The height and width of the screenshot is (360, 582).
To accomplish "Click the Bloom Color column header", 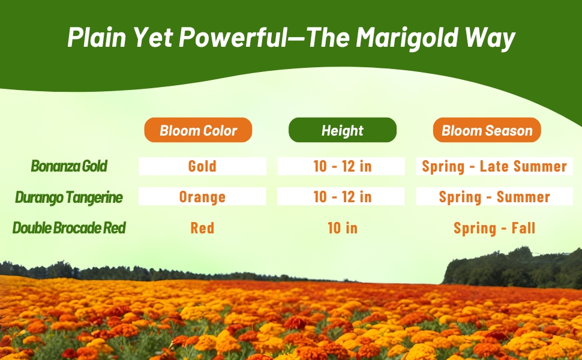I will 198,130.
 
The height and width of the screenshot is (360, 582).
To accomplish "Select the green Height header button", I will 342,130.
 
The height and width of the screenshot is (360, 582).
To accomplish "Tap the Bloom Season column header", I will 487,130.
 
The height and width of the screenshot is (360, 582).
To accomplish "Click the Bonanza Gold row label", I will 69,166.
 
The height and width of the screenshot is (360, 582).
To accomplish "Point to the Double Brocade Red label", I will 69,228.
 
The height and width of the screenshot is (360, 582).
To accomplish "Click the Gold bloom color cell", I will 202,166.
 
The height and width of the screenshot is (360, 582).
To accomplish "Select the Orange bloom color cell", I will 202,197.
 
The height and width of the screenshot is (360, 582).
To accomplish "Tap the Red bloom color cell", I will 202,228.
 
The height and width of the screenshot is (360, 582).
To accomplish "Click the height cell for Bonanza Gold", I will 342,166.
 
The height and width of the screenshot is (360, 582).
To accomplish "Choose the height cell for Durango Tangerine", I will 342,197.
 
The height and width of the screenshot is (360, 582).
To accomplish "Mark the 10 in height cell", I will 342,228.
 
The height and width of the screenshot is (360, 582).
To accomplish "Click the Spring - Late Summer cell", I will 494,166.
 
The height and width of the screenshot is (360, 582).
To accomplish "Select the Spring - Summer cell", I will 494,197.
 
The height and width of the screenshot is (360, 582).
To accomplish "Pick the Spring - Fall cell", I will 494,228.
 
